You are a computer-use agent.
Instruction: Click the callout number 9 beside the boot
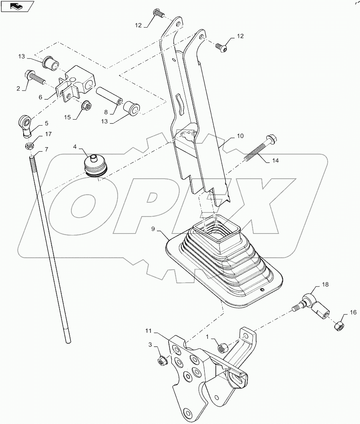(153, 229)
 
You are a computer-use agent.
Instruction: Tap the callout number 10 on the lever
(239, 136)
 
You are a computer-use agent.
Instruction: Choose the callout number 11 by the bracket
(149, 331)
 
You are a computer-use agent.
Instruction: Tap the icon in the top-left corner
(17, 6)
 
